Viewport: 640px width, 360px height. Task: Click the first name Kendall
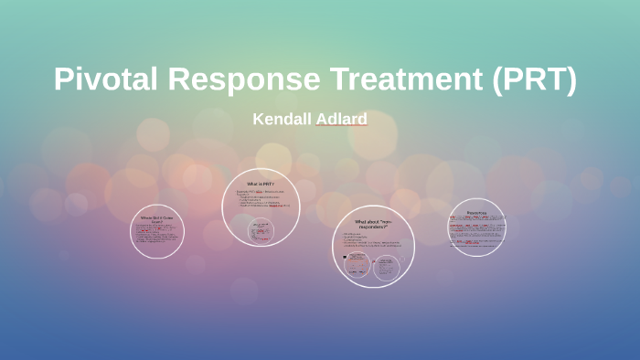pyautogui.click(x=282, y=119)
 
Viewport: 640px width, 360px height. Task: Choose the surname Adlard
pyautogui.click(x=342, y=119)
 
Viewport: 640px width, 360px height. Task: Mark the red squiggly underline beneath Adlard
pyautogui.click(x=342, y=127)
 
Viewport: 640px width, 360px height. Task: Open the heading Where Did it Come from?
pyautogui.click(x=157, y=219)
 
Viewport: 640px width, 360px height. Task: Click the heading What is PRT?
pyautogui.click(x=261, y=184)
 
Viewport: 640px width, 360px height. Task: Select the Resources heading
pyautogui.click(x=476, y=213)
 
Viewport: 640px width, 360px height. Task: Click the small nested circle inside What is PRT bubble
pyautogui.click(x=261, y=230)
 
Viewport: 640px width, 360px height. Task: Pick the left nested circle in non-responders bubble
pyautogui.click(x=358, y=265)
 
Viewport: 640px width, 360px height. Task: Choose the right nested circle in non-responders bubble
pyautogui.click(x=387, y=266)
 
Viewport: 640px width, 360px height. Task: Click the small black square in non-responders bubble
pyautogui.click(x=345, y=257)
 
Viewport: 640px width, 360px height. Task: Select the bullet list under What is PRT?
pyautogui.click(x=262, y=200)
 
